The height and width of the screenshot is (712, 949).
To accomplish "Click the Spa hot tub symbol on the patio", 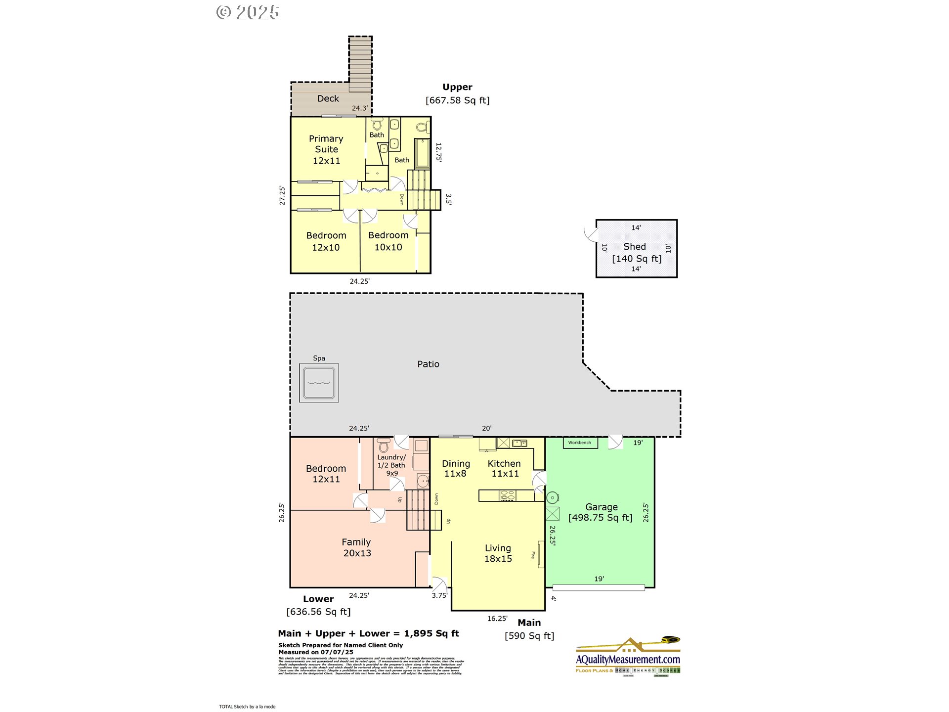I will tap(319, 383).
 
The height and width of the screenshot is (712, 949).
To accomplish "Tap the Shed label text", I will tap(634, 246).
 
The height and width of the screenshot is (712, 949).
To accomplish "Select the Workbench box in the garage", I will tap(580, 443).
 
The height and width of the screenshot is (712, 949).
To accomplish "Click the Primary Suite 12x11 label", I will tap(326, 149).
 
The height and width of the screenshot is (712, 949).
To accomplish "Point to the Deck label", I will tap(328, 98).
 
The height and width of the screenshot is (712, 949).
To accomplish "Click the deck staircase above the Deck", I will tap(360, 63).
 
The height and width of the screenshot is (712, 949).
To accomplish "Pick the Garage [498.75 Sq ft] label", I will tap(601, 512).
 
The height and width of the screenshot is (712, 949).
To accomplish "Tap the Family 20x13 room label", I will tap(357, 547).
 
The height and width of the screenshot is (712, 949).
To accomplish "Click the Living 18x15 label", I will tap(498, 553).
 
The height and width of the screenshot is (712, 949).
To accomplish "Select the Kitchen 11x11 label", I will tap(504, 468).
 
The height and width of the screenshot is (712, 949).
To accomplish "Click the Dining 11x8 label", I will tap(456, 468).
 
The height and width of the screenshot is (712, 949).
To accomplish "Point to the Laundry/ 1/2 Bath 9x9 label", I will tap(391, 465).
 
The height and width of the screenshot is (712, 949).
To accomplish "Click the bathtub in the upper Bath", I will tap(422, 154).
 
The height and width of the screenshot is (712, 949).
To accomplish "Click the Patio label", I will tap(428, 364).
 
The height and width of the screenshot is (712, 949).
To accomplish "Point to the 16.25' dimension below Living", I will tap(497, 619).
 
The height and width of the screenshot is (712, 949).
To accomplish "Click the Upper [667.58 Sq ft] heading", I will tap(457, 93).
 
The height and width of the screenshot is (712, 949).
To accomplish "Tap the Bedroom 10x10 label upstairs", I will tap(388, 241).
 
